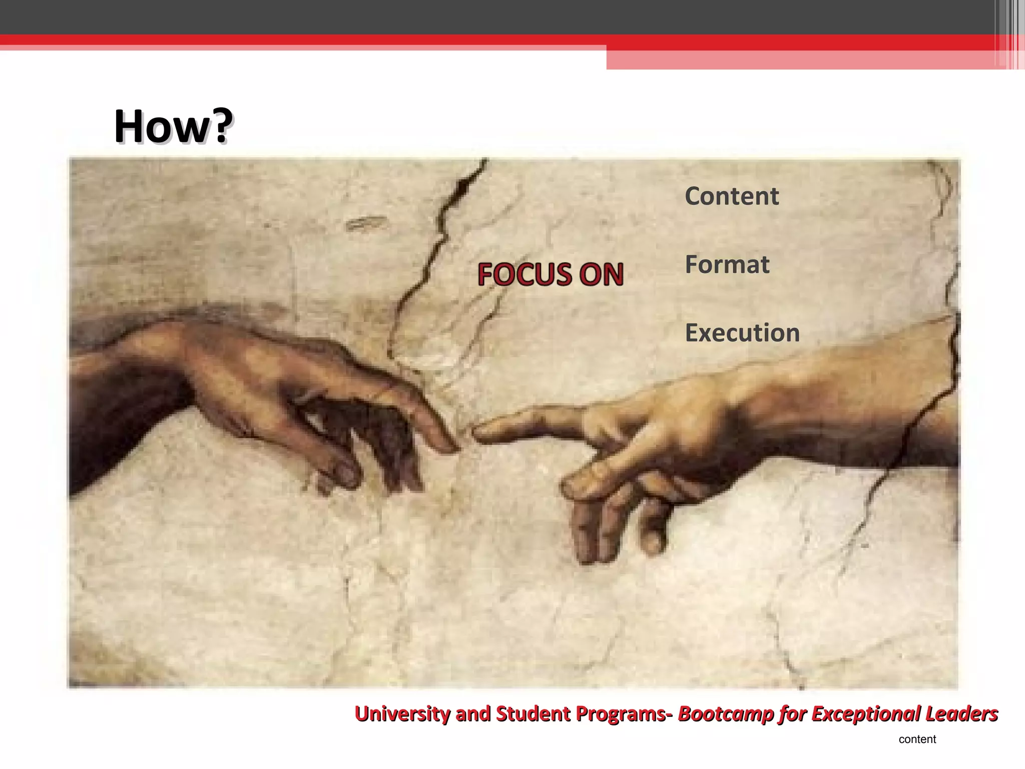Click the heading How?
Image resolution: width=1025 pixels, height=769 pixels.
point(173,126)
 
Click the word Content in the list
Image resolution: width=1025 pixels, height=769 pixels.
point(732,196)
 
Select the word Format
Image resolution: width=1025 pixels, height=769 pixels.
point(727,264)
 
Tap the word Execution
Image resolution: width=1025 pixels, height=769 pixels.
point(742,333)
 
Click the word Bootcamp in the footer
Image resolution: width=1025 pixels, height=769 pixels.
point(726,713)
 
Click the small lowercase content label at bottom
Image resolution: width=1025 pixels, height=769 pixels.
point(917,739)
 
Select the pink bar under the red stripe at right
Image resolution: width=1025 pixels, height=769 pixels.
point(801,60)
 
